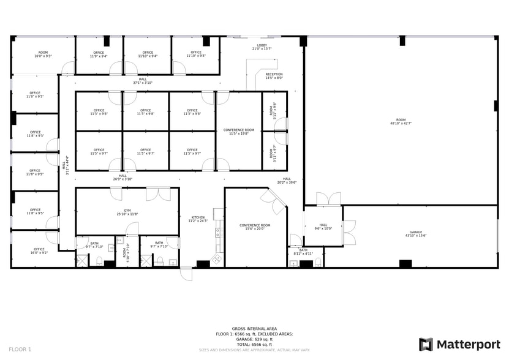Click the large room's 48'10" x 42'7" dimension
(401, 123)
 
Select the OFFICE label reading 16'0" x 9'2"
(39, 250)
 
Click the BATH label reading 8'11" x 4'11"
(303, 251)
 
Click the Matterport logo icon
(426, 345)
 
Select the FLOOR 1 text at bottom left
(20, 349)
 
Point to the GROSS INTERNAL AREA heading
(254, 329)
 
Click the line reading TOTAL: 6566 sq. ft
(254, 345)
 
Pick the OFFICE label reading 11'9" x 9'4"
(99, 54)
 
